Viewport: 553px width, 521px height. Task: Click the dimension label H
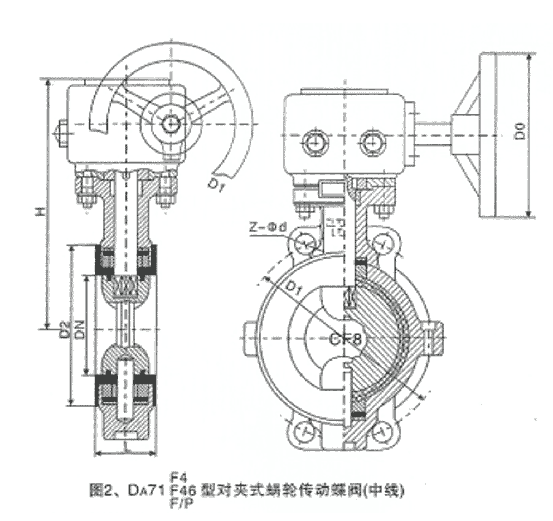pos(38,211)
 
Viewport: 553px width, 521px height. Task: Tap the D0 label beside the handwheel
pos(520,132)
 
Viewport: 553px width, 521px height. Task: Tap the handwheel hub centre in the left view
pos(167,124)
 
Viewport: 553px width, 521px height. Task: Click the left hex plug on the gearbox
pos(313,143)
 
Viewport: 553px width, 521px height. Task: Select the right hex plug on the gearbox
pos(370,143)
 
